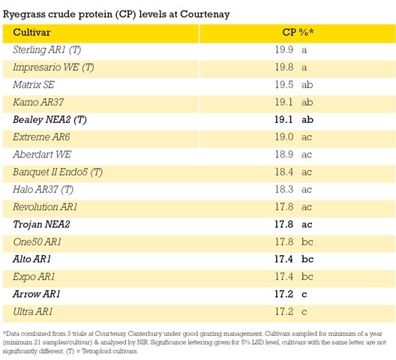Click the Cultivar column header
(x=31, y=32)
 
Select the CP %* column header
(x=298, y=32)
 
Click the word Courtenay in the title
(x=205, y=14)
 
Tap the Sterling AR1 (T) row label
(x=47, y=49)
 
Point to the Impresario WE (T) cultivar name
(x=53, y=67)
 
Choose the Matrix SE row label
(x=34, y=85)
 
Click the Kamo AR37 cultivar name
(x=38, y=102)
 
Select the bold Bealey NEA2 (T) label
(x=49, y=119)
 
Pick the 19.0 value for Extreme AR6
(x=284, y=137)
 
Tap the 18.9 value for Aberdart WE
(x=284, y=154)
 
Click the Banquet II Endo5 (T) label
(x=58, y=172)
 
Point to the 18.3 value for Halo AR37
(x=284, y=189)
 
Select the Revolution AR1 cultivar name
(x=45, y=207)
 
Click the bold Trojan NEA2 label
(x=41, y=224)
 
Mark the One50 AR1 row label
(x=37, y=241)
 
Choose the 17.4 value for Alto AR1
(x=283, y=259)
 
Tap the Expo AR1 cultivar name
(x=34, y=277)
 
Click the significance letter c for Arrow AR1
(x=304, y=295)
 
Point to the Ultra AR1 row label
(x=33, y=311)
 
